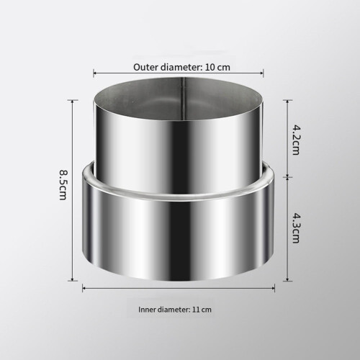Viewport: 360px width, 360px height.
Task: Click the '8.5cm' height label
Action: [x=63, y=185]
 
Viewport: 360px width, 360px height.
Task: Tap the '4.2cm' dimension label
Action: [x=296, y=140]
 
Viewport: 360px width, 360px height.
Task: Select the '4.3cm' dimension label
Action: [x=296, y=228]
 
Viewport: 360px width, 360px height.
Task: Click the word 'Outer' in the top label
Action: [x=146, y=67]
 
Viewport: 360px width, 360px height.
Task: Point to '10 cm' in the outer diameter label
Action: [x=217, y=67]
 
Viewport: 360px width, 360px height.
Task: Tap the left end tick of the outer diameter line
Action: [x=94, y=73]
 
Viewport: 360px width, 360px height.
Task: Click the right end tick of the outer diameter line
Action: [x=264, y=73]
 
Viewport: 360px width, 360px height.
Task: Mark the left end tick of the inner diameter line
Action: [x=83, y=288]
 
